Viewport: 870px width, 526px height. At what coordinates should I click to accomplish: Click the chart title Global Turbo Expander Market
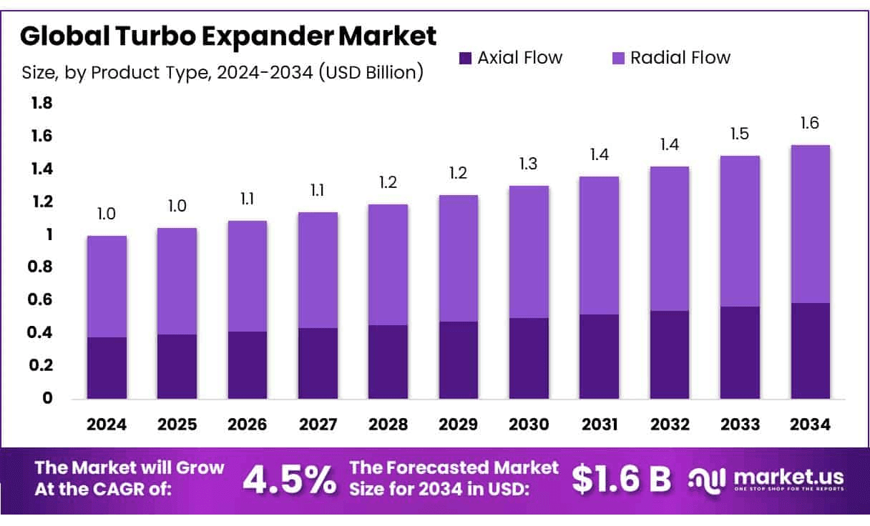click(228, 36)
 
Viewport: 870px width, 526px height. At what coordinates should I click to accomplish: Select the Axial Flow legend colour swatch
click(465, 58)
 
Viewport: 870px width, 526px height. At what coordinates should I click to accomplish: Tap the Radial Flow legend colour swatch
click(617, 58)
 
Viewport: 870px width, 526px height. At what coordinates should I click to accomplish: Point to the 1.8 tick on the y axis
click(41, 104)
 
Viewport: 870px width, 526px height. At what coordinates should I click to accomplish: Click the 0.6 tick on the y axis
click(41, 300)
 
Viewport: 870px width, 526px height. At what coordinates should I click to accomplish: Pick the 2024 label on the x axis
click(107, 425)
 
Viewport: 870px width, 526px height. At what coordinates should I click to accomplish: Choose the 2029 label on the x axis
click(459, 425)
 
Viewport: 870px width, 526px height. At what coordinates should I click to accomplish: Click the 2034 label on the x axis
click(811, 425)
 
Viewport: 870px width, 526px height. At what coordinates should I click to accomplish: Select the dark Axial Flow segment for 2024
click(107, 368)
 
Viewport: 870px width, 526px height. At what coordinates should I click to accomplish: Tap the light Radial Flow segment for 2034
click(811, 224)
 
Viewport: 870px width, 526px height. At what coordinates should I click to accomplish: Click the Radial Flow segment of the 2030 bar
click(529, 252)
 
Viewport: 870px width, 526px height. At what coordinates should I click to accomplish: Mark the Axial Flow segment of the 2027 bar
click(318, 363)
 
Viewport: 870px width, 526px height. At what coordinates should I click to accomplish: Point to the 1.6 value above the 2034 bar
click(811, 124)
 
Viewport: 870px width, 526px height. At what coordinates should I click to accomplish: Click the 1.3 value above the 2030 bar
click(529, 164)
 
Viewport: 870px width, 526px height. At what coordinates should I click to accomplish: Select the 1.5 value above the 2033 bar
click(741, 134)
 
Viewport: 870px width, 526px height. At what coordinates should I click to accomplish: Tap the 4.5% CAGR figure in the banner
click(289, 480)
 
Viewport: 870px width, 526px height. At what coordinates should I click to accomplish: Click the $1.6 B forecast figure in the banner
click(621, 480)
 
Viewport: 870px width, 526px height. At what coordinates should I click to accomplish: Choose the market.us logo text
click(787, 477)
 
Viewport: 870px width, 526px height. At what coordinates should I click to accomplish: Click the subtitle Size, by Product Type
click(223, 72)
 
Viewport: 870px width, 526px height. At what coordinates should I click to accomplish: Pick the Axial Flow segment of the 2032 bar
click(670, 354)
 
